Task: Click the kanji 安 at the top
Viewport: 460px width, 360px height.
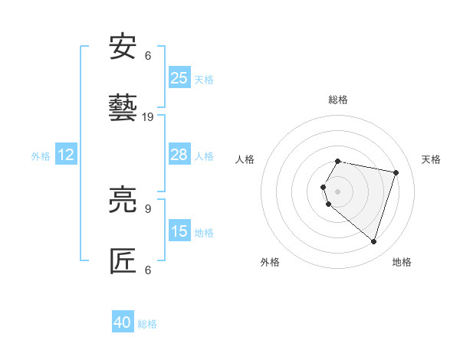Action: pos(123,47)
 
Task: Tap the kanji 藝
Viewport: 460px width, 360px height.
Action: pos(123,108)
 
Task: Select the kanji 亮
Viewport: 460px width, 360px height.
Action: pos(123,201)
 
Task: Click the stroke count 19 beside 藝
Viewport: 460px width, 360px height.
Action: pos(149,117)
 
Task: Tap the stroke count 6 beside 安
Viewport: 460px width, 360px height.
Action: pos(148,56)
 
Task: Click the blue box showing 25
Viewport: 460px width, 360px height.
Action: pos(179,78)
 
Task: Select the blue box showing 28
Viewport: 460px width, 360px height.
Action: pos(179,155)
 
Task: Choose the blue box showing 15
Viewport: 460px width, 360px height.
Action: pos(179,231)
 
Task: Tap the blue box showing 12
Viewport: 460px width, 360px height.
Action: pos(66,155)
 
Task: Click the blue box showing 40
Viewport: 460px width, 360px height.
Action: pos(123,322)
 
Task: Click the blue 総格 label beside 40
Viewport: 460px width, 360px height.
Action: pos(147,324)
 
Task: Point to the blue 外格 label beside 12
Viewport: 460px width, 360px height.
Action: pos(41,155)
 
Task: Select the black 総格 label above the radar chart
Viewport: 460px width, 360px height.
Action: pos(338,100)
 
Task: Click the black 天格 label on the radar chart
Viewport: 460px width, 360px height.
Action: pos(432,159)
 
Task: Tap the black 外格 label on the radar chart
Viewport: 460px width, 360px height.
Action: pos(270,262)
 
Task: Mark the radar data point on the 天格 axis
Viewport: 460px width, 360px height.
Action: pos(396,172)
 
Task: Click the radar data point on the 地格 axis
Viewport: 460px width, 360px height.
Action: pos(373,241)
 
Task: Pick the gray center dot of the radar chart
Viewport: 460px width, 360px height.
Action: pos(338,191)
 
